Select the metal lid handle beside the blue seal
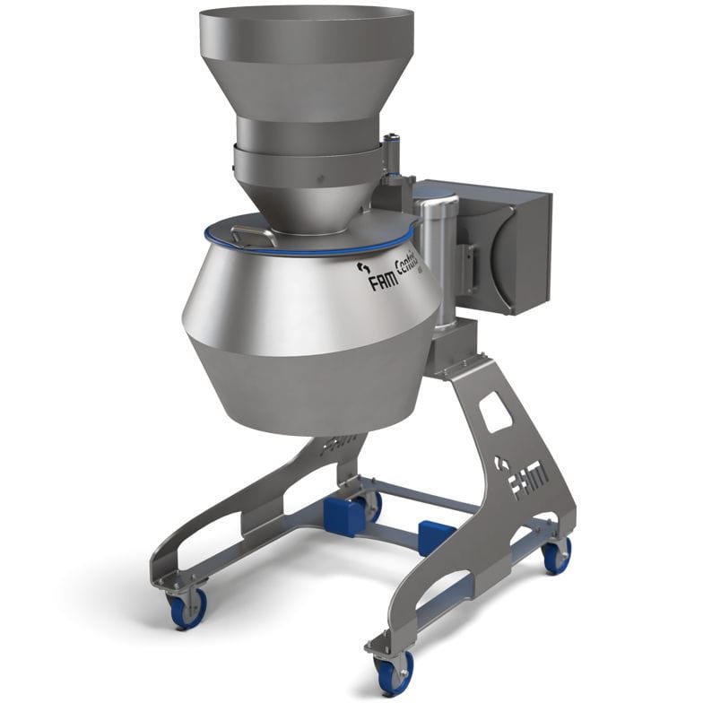point(253,235)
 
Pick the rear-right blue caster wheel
point(556,556)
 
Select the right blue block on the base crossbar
point(437,536)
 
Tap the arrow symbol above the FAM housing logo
point(363,266)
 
